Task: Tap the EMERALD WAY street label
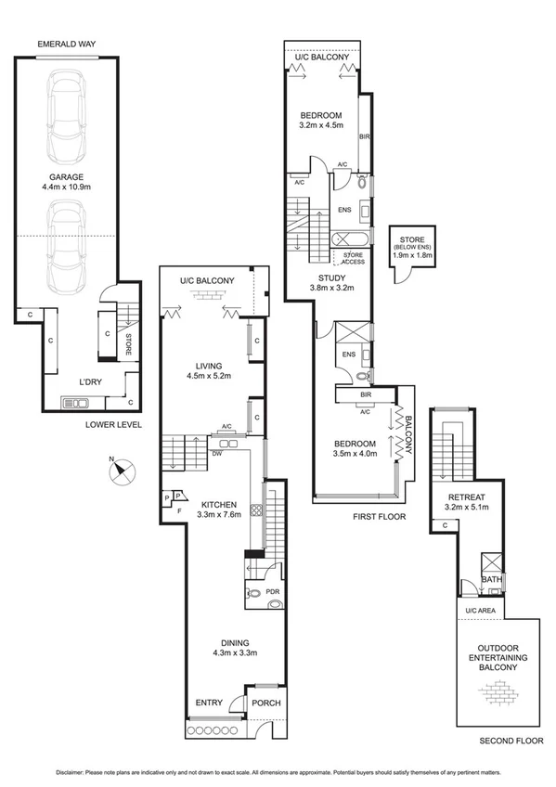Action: click(x=68, y=44)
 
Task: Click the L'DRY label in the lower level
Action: click(x=90, y=381)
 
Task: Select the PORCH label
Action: click(x=267, y=703)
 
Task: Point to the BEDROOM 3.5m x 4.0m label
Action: click(x=354, y=448)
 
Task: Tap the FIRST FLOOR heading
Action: click(x=380, y=516)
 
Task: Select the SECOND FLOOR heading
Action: click(x=509, y=742)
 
